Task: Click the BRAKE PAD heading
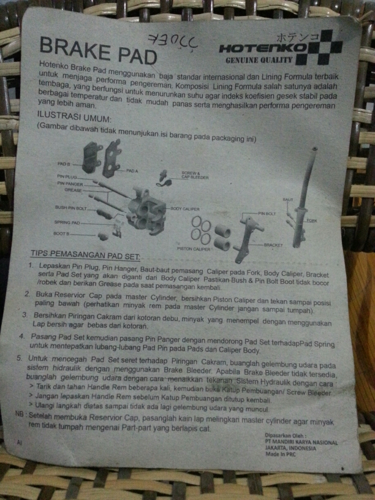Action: pyautogui.click(x=98, y=49)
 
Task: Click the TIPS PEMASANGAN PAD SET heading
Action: pyautogui.click(x=85, y=254)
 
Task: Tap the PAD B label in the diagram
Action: pyautogui.click(x=64, y=164)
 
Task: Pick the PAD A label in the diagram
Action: pyautogui.click(x=132, y=170)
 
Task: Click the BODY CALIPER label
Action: pyautogui.click(x=185, y=209)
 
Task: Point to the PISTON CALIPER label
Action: pyautogui.click(x=193, y=249)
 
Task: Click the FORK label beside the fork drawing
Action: pyautogui.click(x=311, y=221)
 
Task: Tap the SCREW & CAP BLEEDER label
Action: pyautogui.click(x=195, y=175)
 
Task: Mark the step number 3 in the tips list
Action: pyautogui.click(x=26, y=314)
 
